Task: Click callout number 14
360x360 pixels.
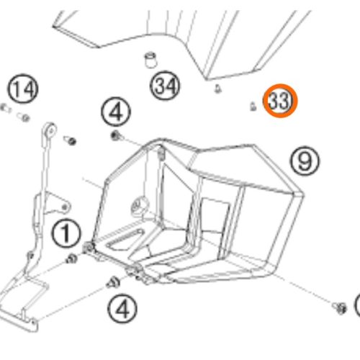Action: pyautogui.click(x=23, y=89)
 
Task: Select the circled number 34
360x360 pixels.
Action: pyautogui.click(x=165, y=86)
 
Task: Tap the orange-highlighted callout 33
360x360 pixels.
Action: pyautogui.click(x=280, y=101)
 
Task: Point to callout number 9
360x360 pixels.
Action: pyautogui.click(x=305, y=161)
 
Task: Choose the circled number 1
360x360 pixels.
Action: pyautogui.click(x=66, y=234)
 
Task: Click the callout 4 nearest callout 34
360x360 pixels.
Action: pyautogui.click(x=116, y=112)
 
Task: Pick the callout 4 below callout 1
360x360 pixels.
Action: pyautogui.click(x=122, y=309)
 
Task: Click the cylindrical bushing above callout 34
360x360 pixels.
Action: pyautogui.click(x=150, y=60)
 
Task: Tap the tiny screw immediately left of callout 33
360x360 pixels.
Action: pyautogui.click(x=253, y=107)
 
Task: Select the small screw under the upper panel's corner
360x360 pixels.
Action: pyautogui.click(x=217, y=89)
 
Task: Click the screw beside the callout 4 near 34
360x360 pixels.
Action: pyautogui.click(x=117, y=136)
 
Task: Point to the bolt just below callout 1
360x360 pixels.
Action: pyautogui.click(x=71, y=259)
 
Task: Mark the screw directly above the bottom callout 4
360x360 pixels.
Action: pyautogui.click(x=113, y=282)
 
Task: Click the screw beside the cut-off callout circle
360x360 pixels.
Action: pyautogui.click(x=340, y=308)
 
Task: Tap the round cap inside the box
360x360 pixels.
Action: pyautogui.click(x=139, y=204)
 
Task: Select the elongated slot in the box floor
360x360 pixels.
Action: pyautogui.click(x=125, y=239)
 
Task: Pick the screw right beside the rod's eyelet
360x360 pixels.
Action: pyautogui.click(x=70, y=140)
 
